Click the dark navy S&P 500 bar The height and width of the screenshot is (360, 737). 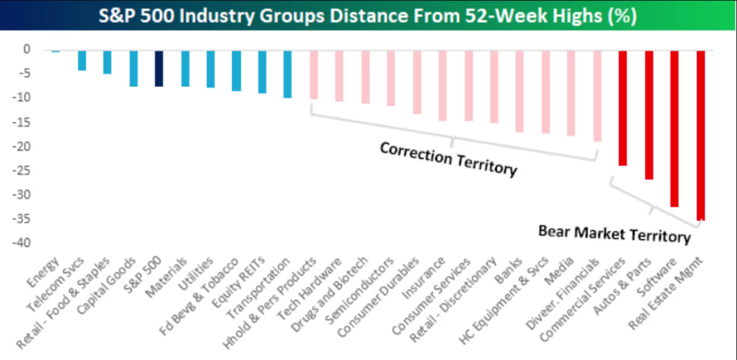[159, 68]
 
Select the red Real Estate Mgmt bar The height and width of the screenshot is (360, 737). [701, 135]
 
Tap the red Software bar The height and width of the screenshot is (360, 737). [675, 128]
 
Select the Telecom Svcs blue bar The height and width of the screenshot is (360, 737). [81, 60]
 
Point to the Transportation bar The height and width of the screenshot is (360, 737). [287, 74]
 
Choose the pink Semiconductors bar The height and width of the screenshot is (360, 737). [390, 78]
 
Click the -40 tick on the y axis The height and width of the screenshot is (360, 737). [24, 243]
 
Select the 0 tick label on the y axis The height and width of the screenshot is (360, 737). [27, 50]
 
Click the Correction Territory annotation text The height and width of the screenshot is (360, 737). [448, 159]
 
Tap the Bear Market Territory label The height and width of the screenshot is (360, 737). [614, 233]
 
